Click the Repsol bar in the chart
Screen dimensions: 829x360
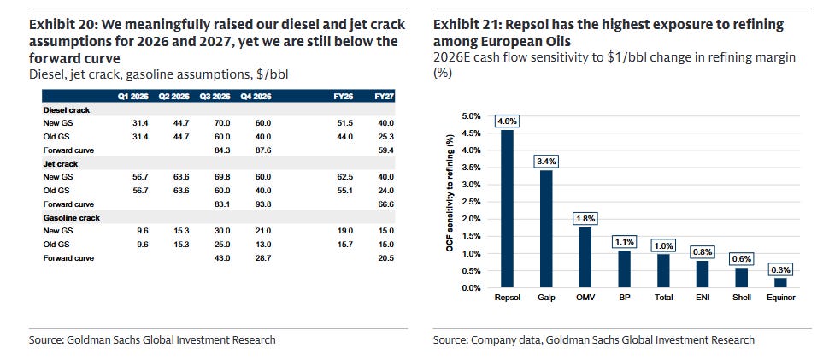click(507, 209)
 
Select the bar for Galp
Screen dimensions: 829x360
click(546, 229)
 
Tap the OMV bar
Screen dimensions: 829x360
click(585, 257)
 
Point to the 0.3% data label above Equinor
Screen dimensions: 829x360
click(780, 269)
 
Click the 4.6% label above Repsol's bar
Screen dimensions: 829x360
click(507, 121)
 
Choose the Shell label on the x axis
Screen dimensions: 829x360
click(742, 298)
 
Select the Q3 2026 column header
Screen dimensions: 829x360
click(215, 97)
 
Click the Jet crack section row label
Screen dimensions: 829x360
click(60, 164)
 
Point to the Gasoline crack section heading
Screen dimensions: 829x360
click(71, 218)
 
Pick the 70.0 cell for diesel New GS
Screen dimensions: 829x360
click(222, 123)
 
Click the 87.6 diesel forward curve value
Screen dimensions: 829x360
click(262, 150)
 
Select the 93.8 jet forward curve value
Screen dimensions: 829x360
click(262, 204)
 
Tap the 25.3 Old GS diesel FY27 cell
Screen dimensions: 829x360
click(386, 137)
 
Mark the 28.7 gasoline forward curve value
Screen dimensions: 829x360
click(262, 258)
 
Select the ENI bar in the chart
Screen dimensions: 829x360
click(703, 274)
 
